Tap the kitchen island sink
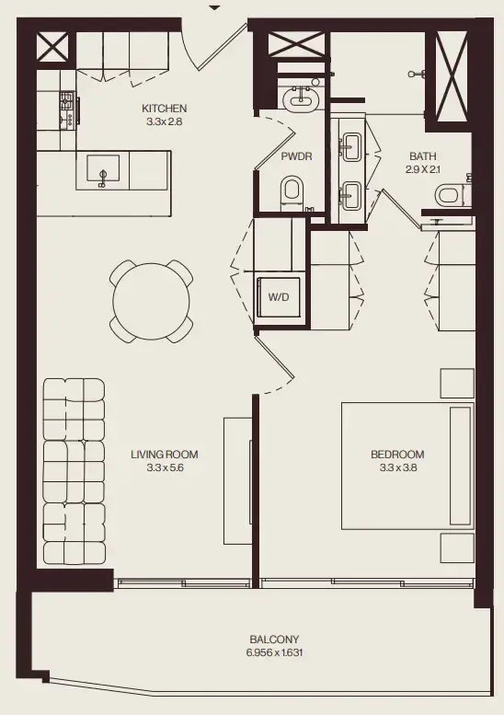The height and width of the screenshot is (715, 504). (x=104, y=169)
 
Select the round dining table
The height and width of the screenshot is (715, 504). (x=152, y=300)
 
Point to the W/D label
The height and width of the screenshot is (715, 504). (x=277, y=297)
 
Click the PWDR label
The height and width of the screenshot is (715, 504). (x=296, y=156)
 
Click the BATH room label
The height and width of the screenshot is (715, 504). (x=423, y=156)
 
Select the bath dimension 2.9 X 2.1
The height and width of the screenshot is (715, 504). (x=423, y=169)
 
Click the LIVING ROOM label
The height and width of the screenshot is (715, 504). (x=165, y=455)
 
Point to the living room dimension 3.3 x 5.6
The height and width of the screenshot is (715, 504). (x=165, y=467)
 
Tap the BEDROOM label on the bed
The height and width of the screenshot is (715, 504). (x=397, y=455)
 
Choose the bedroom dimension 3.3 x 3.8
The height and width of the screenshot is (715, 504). (x=397, y=467)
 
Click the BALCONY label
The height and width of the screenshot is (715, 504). (x=274, y=640)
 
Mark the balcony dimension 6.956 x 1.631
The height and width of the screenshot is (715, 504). (x=274, y=652)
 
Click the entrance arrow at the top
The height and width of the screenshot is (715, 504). (x=215, y=7)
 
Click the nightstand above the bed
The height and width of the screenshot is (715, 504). (x=457, y=384)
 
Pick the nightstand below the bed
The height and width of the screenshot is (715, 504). (x=457, y=547)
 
